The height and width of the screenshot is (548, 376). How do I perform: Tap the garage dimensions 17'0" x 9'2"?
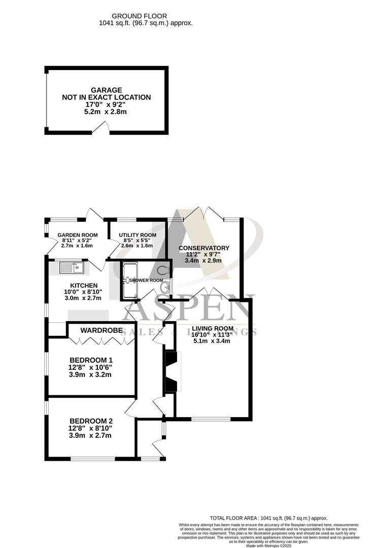(x=106, y=104)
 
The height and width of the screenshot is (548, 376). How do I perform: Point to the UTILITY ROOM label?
(x=138, y=235)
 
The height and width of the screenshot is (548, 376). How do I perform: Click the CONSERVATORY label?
(x=204, y=248)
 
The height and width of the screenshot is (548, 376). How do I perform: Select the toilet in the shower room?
(x=164, y=269)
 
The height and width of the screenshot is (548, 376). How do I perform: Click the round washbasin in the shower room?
(x=165, y=288)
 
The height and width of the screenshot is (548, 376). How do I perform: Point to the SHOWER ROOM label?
(x=146, y=280)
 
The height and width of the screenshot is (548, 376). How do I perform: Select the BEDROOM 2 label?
(x=91, y=421)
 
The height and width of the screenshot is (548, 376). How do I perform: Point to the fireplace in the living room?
(x=171, y=372)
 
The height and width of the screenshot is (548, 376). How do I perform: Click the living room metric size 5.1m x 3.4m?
(x=212, y=341)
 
